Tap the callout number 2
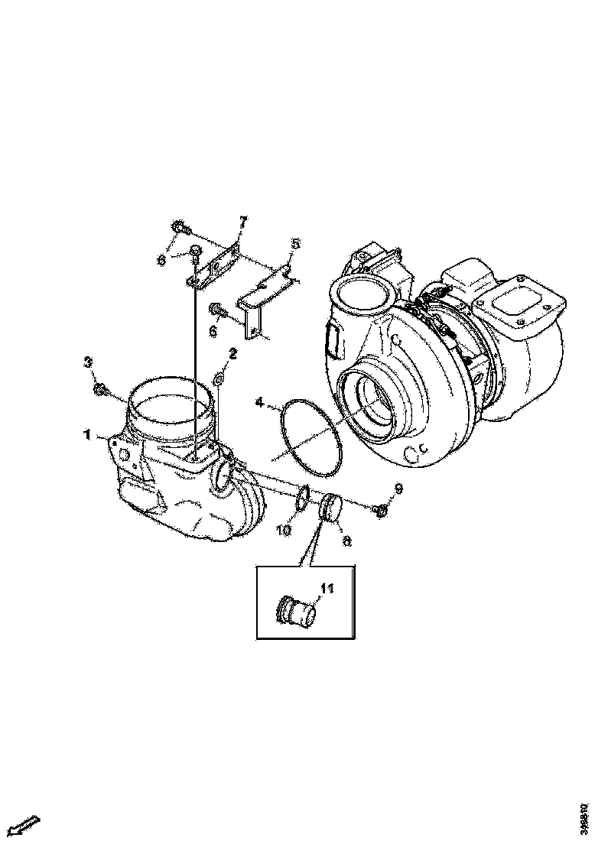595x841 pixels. (233, 353)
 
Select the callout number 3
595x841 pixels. (88, 361)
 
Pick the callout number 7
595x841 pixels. (243, 222)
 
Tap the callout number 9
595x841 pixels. (398, 488)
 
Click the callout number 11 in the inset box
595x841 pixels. (327, 588)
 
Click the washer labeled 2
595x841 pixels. (218, 378)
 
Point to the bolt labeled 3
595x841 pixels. (100, 390)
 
